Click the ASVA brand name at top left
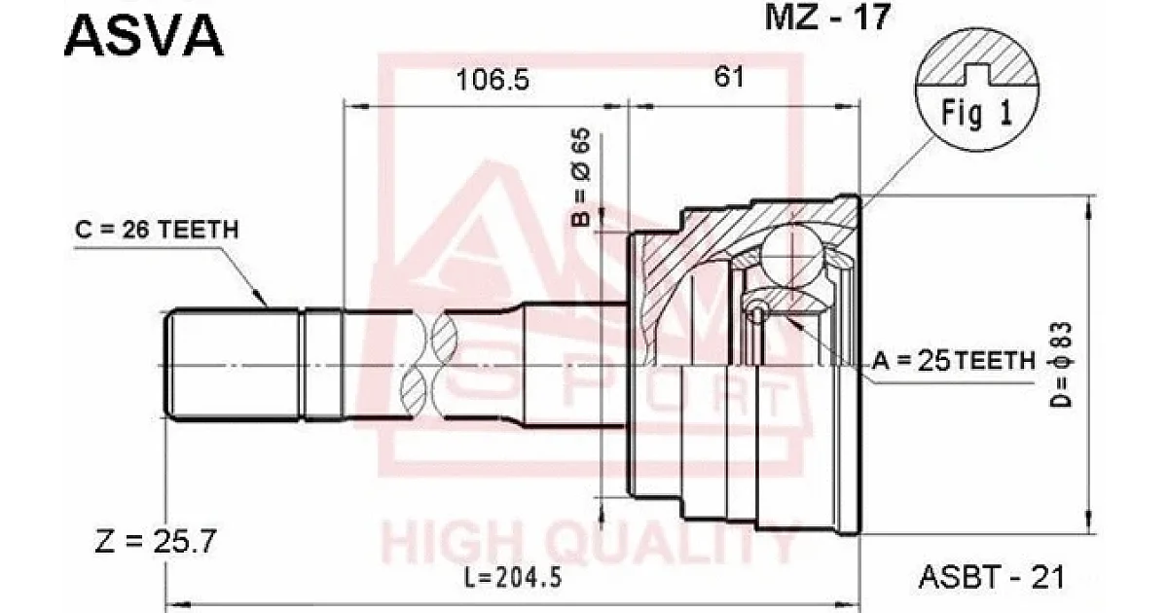point(144,35)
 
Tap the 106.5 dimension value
point(493,80)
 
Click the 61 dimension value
point(729,77)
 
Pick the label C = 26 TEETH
point(157,230)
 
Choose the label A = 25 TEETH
point(953,361)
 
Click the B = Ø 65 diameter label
point(581,177)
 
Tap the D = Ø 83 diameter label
point(1061,364)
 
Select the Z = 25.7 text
point(156,541)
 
